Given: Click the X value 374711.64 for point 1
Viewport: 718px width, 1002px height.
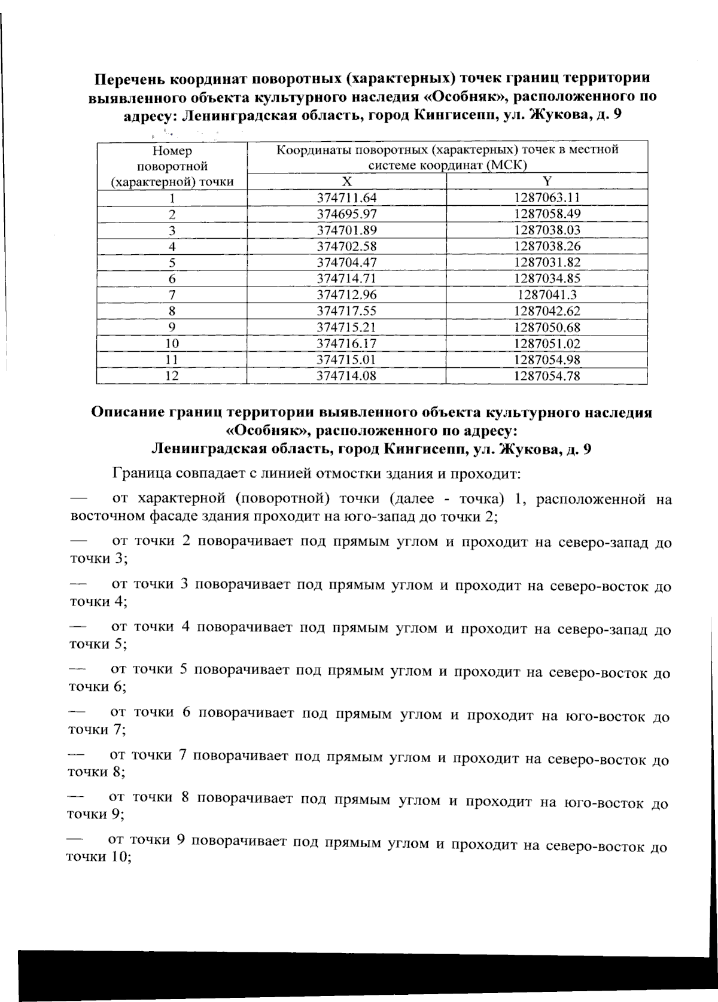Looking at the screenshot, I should point(346,198).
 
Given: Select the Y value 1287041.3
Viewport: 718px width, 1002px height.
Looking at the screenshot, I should point(547,295).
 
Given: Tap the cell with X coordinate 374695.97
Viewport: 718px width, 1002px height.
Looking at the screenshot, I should point(346,214).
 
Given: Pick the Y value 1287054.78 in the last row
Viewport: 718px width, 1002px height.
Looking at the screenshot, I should point(547,376).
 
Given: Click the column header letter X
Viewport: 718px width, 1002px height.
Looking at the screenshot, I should point(346,182).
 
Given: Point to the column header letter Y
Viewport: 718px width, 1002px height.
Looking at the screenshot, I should point(547,182).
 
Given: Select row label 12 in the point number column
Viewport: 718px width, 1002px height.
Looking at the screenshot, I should point(172,376).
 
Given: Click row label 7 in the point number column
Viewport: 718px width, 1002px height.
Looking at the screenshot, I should point(172,295).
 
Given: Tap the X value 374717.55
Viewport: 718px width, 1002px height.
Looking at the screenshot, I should point(346,311).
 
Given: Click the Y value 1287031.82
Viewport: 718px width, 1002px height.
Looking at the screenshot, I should point(547,263).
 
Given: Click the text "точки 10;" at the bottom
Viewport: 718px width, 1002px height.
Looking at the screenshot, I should point(98,857).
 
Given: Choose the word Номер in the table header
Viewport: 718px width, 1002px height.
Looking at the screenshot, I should point(172,151).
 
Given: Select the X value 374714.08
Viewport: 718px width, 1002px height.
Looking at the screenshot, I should point(346,376).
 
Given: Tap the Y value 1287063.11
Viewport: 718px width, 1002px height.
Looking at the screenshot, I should point(547,198).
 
